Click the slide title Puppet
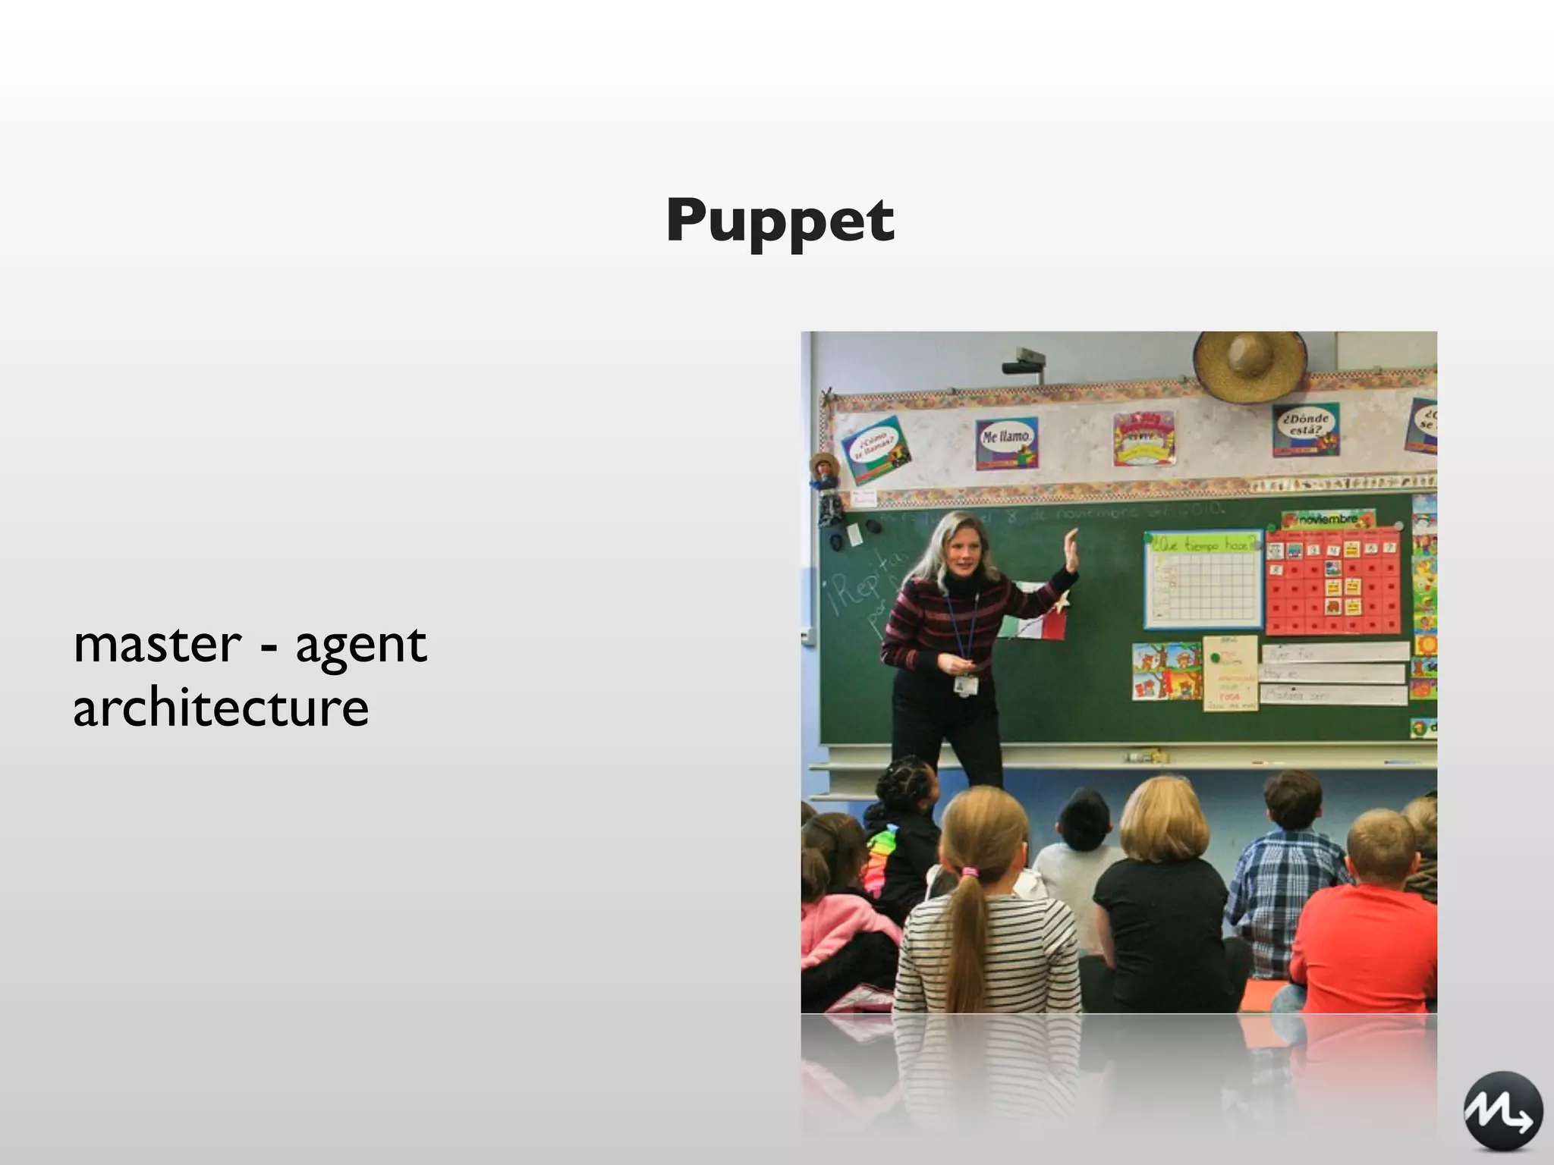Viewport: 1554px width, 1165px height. tap(780, 221)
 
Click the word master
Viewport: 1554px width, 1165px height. tap(157, 645)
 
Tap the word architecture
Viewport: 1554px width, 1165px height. tap(221, 708)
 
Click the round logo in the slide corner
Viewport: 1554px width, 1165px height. tap(1502, 1110)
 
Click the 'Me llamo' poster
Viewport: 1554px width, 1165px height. tap(1007, 442)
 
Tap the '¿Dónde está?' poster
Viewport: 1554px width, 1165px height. tap(1305, 429)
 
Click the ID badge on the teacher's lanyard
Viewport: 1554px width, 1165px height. tap(965, 685)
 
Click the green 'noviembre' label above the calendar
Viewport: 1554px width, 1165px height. tap(1327, 520)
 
